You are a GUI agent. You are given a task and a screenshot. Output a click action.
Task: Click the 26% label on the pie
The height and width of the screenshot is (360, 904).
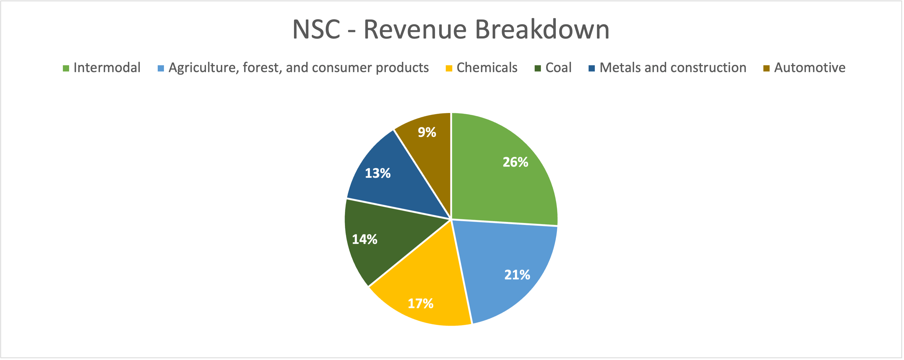515,162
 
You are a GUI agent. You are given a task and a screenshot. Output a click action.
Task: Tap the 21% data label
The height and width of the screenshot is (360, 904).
517,275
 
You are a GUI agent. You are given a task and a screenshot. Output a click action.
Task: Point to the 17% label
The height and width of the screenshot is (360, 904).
420,303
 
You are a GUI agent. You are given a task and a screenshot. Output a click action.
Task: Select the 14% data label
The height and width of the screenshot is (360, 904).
365,239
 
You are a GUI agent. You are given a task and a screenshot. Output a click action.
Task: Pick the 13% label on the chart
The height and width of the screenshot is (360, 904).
377,173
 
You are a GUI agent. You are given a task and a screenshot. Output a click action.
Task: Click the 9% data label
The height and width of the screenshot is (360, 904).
427,132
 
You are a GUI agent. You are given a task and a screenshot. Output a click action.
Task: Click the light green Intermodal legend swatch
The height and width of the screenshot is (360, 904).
66,68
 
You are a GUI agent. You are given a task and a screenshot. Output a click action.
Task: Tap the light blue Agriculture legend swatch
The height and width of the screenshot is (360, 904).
161,68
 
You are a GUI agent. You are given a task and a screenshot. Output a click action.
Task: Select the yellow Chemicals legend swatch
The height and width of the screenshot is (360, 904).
449,68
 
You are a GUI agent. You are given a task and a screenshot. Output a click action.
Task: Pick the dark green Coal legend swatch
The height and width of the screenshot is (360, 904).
538,68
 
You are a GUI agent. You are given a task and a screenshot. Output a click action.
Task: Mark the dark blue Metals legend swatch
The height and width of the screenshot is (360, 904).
592,68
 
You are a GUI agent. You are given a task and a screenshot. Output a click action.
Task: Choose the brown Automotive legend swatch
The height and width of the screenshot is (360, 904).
766,68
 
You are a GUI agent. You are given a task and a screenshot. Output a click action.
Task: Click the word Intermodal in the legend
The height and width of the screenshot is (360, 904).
107,67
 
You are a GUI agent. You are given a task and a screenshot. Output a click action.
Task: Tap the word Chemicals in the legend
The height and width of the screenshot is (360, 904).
487,67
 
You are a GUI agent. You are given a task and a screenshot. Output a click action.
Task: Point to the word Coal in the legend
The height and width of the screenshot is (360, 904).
558,67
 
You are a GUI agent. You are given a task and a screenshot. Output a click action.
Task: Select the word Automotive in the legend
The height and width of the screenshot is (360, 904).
810,67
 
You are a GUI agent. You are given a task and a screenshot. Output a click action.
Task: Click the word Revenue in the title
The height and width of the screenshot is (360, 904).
415,29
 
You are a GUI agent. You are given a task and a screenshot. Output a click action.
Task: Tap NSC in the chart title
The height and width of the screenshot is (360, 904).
316,29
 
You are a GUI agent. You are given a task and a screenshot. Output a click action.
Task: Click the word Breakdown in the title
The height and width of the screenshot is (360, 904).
542,29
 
